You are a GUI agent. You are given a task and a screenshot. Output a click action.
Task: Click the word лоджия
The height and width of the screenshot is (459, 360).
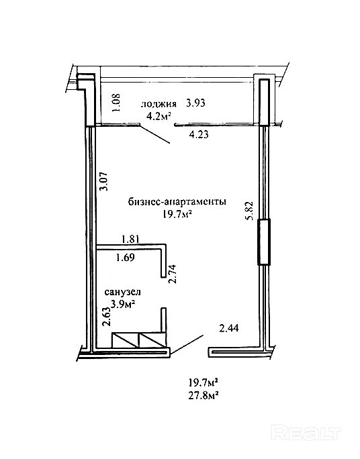(x=159, y=104)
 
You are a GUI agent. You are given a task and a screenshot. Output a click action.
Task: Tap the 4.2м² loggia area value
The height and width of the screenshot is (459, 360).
(x=159, y=116)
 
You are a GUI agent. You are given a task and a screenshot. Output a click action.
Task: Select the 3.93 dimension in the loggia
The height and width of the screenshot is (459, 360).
(x=195, y=103)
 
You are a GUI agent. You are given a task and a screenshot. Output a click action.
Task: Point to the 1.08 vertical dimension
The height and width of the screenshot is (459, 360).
(x=116, y=102)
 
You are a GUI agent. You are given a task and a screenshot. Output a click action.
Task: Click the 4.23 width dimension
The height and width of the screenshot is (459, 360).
(x=199, y=135)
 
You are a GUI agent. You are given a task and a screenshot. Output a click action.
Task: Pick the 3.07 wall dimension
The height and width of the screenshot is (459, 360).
(x=103, y=181)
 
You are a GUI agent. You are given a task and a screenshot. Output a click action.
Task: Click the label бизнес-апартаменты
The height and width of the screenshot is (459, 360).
(x=177, y=202)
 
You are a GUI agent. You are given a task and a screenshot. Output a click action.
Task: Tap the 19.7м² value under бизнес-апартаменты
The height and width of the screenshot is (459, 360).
(x=177, y=215)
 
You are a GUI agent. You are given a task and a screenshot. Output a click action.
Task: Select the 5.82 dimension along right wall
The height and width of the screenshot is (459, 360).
(x=250, y=211)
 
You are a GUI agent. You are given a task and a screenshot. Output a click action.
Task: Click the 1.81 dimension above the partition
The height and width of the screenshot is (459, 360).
(x=130, y=239)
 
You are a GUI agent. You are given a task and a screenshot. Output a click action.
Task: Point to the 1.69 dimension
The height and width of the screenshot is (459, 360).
(x=126, y=258)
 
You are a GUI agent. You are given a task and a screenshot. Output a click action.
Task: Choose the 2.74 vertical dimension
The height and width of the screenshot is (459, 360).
(x=173, y=274)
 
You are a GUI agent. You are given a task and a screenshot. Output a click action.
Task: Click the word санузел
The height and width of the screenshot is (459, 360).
(x=122, y=292)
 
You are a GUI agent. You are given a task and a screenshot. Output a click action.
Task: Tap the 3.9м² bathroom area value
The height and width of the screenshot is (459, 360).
(x=122, y=304)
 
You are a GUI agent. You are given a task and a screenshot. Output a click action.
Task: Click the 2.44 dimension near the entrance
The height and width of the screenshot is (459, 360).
(x=229, y=328)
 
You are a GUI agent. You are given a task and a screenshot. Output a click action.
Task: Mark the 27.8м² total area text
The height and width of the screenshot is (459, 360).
(x=204, y=396)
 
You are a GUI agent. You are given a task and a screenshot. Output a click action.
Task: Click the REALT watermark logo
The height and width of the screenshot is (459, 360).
(x=306, y=433)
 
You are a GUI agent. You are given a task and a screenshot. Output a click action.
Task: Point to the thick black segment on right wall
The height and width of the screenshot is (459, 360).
(x=263, y=242)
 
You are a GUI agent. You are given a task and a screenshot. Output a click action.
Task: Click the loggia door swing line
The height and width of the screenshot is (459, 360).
(x=155, y=134)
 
